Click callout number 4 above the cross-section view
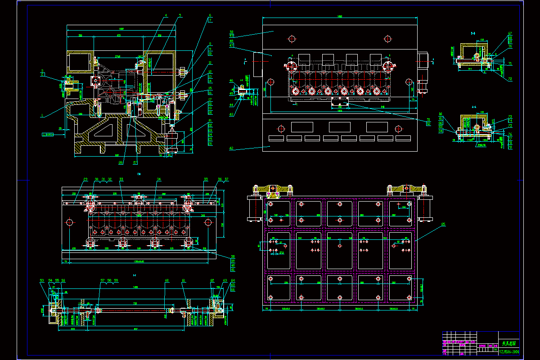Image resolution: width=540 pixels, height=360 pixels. tap(166, 16)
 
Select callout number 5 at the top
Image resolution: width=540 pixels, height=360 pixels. tap(180, 16)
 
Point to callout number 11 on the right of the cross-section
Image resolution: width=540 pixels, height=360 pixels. tap(210, 63)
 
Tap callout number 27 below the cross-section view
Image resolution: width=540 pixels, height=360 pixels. tap(135, 162)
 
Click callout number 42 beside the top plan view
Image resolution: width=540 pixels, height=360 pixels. tap(231, 148)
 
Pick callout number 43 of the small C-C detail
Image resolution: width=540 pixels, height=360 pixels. tap(231, 114)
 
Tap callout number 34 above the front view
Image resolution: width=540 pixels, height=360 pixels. tap(158, 180)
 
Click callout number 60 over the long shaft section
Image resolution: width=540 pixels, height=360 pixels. tap(166, 280)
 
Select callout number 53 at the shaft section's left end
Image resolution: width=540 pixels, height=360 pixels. tap(42, 280)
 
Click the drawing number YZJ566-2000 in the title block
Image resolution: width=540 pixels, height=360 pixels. tap(509, 351)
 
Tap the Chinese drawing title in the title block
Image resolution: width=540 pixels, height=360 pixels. tap(509, 343)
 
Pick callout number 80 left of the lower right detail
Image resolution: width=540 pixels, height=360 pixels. tap(441, 114)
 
